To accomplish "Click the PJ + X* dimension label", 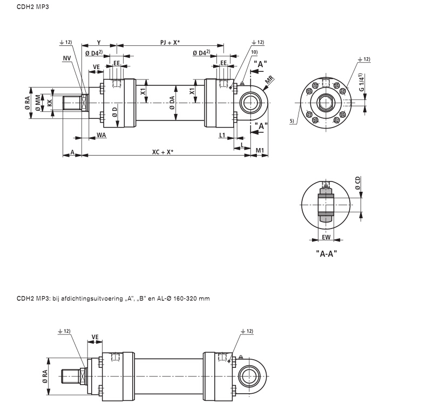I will (170, 42).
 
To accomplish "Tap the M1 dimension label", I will (260, 150).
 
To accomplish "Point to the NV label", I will (66, 58).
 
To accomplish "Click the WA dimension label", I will (101, 134).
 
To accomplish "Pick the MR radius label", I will (269, 80).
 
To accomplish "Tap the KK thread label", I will (49, 101).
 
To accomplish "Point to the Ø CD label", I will (357, 183).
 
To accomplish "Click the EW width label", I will (326, 237).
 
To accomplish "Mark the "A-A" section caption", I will (326, 252).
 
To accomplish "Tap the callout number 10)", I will (254, 52).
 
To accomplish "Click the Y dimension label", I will (99, 42).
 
